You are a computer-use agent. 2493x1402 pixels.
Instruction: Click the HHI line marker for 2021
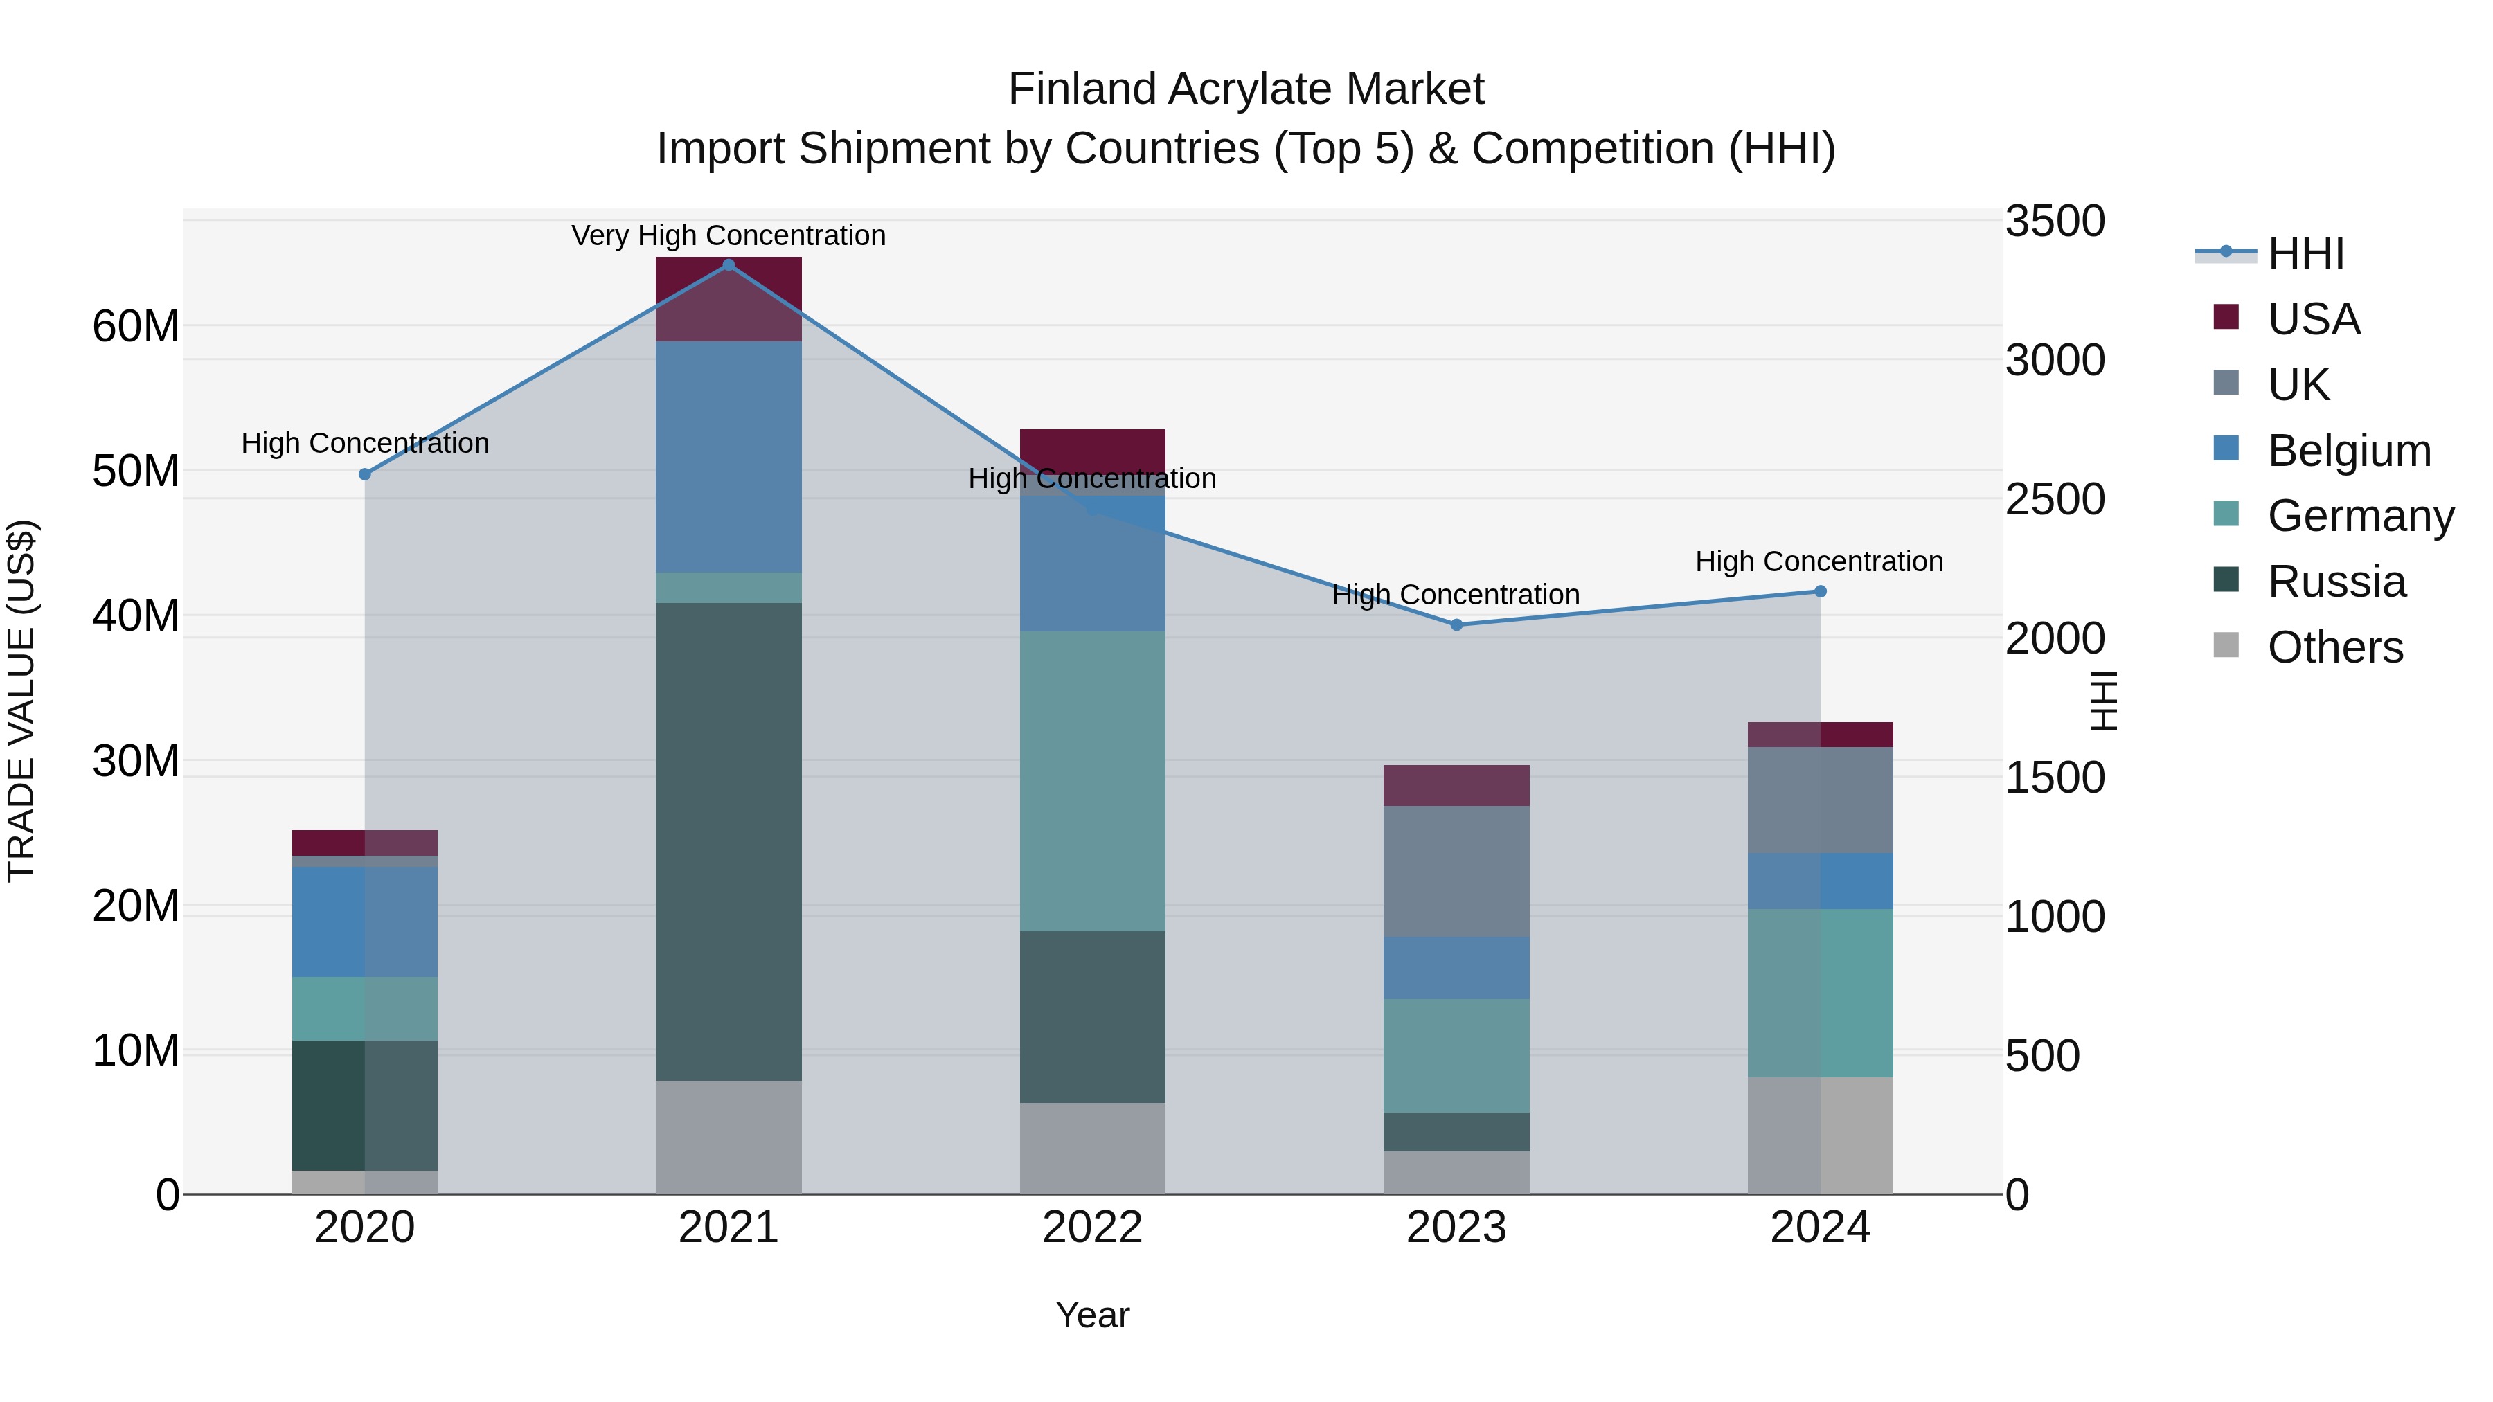[729, 265]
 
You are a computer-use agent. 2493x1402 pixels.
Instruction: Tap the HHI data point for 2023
[1456, 625]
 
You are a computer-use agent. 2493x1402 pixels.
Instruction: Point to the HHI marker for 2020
[365, 474]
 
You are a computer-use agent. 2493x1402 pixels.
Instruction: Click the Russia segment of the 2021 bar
[729, 842]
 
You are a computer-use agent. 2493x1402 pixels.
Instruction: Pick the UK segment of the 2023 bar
[1456, 871]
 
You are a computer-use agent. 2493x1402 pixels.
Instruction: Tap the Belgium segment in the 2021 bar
[729, 457]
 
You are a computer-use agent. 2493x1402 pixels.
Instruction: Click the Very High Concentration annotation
[729, 235]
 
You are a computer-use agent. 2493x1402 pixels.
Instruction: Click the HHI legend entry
[2304, 253]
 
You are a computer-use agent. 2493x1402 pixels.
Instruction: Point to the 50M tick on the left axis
[136, 471]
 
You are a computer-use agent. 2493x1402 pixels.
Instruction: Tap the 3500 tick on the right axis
[2054, 221]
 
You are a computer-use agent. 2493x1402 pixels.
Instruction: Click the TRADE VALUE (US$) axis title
[21, 701]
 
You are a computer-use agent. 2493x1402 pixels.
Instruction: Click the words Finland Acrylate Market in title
[1246, 89]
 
